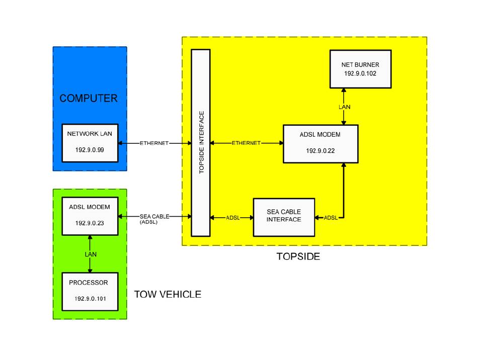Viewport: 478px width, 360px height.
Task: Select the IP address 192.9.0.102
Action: coord(360,73)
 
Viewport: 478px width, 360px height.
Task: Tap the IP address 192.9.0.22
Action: coord(321,150)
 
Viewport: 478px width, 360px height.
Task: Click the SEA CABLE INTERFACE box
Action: coord(284,217)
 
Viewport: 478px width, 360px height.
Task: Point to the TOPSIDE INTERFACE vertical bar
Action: coord(201,142)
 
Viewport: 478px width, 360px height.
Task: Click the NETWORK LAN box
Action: coord(90,142)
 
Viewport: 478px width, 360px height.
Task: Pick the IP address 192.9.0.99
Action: coord(90,150)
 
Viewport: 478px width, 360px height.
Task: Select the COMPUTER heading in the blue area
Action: coord(89,99)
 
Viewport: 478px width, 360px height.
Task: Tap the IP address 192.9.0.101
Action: coord(90,299)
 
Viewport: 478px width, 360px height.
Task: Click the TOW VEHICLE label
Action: coord(168,294)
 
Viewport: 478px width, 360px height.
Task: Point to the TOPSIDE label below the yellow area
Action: coord(298,256)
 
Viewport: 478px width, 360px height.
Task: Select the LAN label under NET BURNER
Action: coord(344,108)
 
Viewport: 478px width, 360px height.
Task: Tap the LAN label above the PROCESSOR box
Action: coord(91,254)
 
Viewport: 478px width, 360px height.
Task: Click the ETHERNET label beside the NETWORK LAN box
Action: coord(154,143)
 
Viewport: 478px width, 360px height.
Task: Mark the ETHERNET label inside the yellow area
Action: coord(246,143)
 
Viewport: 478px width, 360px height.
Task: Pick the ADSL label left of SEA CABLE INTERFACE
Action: coord(233,218)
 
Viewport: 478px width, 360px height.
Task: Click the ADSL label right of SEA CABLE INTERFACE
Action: coord(331,218)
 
